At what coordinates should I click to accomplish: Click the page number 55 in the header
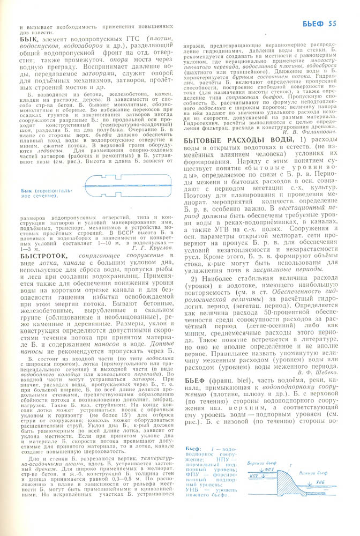[332, 23]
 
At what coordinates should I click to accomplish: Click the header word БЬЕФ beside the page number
[313, 23]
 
